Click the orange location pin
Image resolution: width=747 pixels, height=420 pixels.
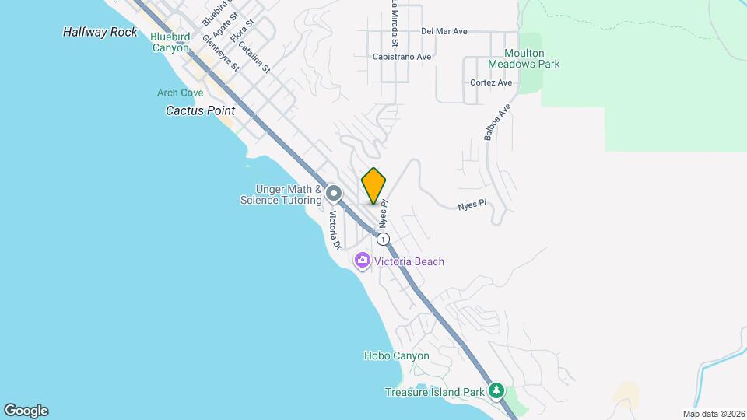pos(373,186)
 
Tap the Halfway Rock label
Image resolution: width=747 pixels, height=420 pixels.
pos(100,32)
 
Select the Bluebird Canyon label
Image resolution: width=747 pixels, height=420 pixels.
pos(170,42)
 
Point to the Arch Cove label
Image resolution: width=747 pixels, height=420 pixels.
pos(180,93)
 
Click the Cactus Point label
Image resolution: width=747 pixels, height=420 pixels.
pos(200,110)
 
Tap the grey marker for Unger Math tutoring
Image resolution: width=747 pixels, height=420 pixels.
pos(334,193)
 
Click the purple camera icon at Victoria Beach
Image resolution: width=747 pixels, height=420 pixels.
pos(362,261)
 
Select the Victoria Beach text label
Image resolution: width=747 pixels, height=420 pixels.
pos(409,261)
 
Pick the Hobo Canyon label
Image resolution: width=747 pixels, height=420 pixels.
pos(396,355)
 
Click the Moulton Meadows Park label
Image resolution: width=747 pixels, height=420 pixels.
pos(523,58)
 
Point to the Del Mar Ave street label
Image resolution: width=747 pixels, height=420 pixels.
pos(444,32)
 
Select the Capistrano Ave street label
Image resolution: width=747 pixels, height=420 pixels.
pos(402,57)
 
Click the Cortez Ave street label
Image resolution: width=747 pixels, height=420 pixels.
pos(491,82)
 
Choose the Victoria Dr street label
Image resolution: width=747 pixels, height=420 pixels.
pos(335,230)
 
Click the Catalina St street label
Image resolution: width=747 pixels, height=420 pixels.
pos(254,57)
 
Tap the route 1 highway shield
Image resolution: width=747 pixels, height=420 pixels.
pos(384,239)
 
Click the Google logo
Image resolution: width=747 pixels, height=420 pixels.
pos(26,411)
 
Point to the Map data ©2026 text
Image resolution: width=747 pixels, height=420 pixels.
pos(712,414)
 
